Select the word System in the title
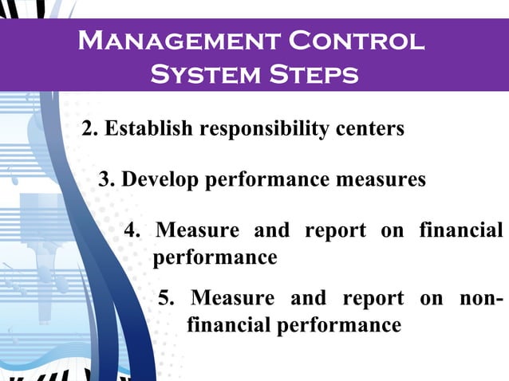click(x=203, y=75)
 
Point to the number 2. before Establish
click(x=90, y=128)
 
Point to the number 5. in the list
click(x=168, y=299)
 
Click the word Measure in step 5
click(x=233, y=299)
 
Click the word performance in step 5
click(x=340, y=325)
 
